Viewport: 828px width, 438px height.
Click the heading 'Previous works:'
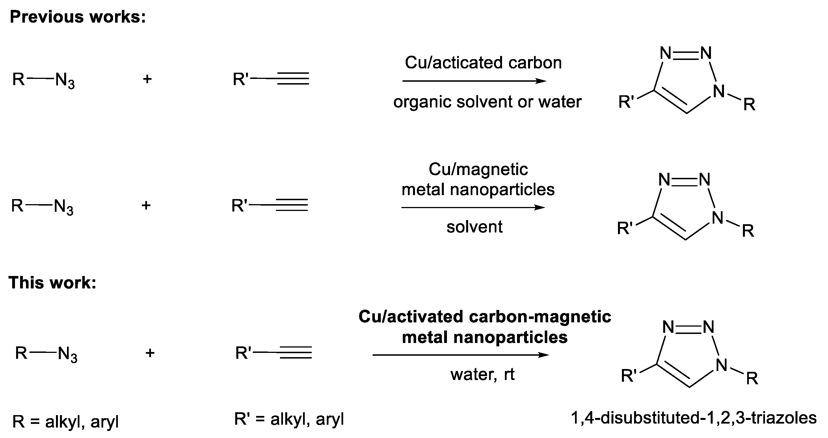click(x=78, y=17)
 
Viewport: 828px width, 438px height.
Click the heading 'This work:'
click(x=53, y=283)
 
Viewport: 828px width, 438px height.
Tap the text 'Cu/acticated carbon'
click(x=483, y=62)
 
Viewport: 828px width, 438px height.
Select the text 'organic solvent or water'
click(x=487, y=102)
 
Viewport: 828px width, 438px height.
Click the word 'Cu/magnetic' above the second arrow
click(x=478, y=169)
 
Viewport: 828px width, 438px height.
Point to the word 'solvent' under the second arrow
click(x=474, y=227)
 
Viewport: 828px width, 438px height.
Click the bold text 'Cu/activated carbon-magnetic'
click(x=485, y=316)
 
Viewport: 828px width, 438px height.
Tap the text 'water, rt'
click(x=482, y=374)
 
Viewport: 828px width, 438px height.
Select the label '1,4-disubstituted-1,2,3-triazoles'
click(x=694, y=418)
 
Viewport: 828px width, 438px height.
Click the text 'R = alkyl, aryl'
click(x=66, y=422)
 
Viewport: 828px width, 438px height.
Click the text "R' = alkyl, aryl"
click(x=289, y=419)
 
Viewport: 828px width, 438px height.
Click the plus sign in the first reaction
click(x=147, y=79)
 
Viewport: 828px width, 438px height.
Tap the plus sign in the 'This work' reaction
click(x=150, y=353)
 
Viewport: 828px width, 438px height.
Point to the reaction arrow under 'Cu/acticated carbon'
click(x=474, y=81)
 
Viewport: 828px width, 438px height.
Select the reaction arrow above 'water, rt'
click(x=460, y=355)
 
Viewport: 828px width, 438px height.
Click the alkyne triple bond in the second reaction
click(x=292, y=205)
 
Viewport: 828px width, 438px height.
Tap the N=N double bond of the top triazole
click(x=686, y=53)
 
